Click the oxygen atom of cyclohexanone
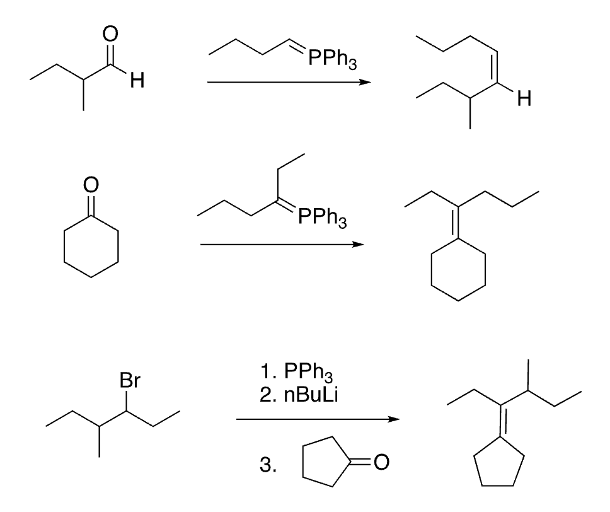point(92,184)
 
